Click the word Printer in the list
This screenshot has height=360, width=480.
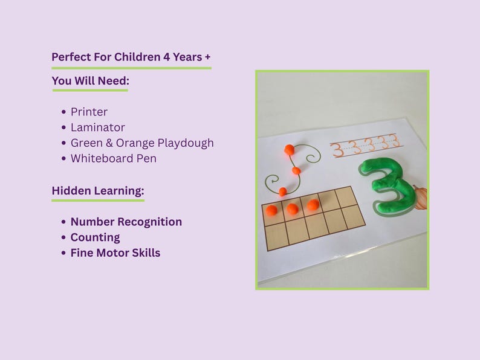[x=89, y=112]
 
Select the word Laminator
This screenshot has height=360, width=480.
[x=97, y=127]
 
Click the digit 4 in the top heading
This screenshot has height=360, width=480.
[x=167, y=57]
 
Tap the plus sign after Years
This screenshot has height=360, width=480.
[x=207, y=57]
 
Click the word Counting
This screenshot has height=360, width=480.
[x=95, y=237]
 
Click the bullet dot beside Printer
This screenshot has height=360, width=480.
[x=64, y=112]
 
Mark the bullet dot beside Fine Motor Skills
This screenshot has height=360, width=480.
[x=64, y=254]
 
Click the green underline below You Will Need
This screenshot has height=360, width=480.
[x=90, y=91]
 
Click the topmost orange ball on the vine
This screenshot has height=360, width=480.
[x=290, y=149]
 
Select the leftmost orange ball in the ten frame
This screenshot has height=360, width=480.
[x=271, y=211]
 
